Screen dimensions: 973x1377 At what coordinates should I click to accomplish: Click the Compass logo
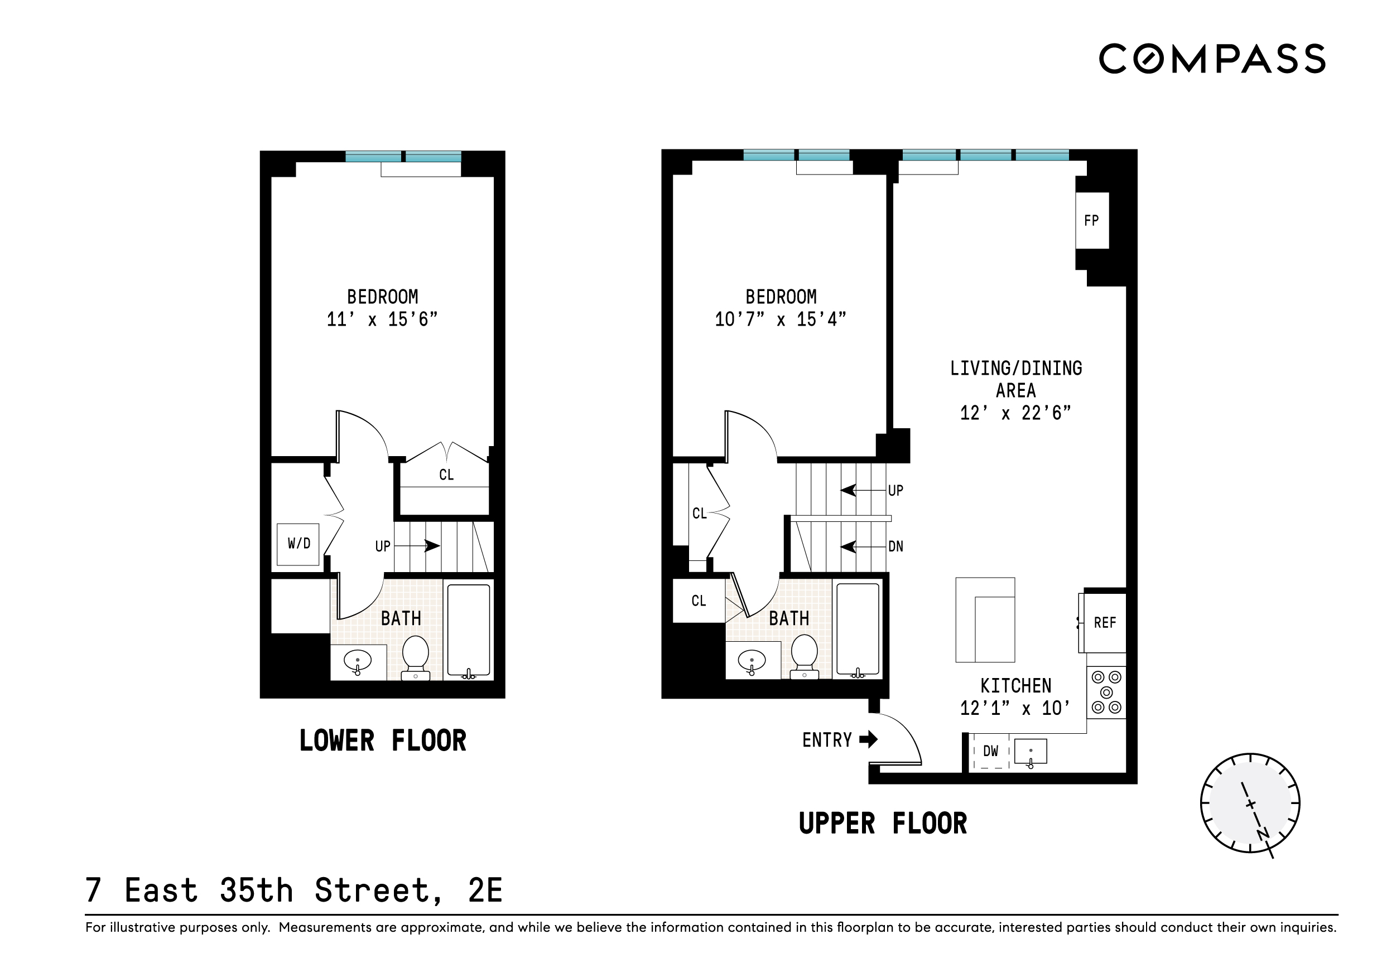pyautogui.click(x=1211, y=59)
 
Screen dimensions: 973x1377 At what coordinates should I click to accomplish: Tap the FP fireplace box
pyautogui.click(x=1091, y=221)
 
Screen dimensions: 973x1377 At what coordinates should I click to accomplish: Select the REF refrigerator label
pyautogui.click(x=1105, y=623)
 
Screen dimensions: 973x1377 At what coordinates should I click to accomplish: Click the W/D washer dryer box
pyautogui.click(x=298, y=544)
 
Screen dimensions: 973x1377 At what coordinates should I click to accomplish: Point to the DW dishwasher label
pyautogui.click(x=991, y=751)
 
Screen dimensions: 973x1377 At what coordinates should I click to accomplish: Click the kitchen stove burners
pyautogui.click(x=1106, y=693)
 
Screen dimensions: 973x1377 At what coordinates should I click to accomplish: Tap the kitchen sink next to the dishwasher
pyautogui.click(x=1031, y=751)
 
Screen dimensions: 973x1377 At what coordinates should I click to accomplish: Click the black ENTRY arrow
pyautogui.click(x=868, y=739)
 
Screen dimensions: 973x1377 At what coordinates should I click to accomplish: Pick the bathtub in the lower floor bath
pyautogui.click(x=469, y=630)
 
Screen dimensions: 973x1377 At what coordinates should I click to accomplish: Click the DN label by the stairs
pyautogui.click(x=895, y=546)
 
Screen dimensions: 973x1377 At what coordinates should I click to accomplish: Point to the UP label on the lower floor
pyautogui.click(x=383, y=546)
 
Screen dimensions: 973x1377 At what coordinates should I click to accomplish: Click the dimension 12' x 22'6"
pyautogui.click(x=1015, y=413)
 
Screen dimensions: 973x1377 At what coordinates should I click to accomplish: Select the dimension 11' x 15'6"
pyautogui.click(x=382, y=320)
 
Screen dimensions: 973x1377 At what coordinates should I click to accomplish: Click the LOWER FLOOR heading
pyautogui.click(x=383, y=740)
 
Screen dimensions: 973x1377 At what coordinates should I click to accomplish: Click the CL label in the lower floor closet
pyautogui.click(x=446, y=475)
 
